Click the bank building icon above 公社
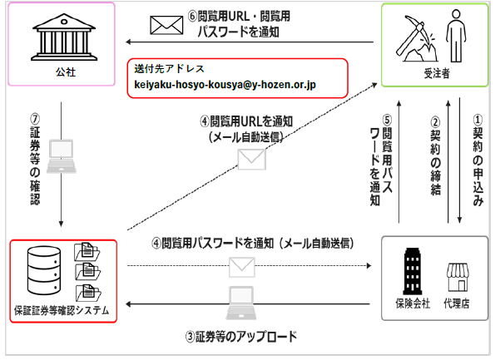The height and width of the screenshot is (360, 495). [x=64, y=37]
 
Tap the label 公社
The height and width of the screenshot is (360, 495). [x=66, y=72]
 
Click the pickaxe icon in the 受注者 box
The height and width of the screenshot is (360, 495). [x=416, y=38]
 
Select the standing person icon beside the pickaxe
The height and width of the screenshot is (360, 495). [x=456, y=36]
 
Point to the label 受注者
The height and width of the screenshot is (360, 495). [x=436, y=73]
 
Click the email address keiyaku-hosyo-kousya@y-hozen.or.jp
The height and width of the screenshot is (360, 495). [x=225, y=85]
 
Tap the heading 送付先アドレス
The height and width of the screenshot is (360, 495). [x=169, y=68]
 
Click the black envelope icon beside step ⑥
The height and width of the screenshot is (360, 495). [x=166, y=25]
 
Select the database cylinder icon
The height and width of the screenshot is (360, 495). [x=43, y=270]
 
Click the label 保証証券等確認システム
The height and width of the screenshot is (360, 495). [x=62, y=310]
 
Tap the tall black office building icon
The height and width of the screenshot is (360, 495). [x=413, y=271]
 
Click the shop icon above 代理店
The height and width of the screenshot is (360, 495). [x=458, y=278]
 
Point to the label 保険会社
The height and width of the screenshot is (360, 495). [x=413, y=303]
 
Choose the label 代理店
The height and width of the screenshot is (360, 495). [x=457, y=303]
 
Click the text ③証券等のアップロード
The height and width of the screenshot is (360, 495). [x=241, y=337]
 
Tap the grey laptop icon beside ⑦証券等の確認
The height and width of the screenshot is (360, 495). [x=62, y=156]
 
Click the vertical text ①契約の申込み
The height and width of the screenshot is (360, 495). [x=478, y=160]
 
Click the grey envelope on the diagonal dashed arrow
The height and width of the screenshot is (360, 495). [x=251, y=160]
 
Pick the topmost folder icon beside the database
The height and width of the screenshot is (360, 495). [x=87, y=251]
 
